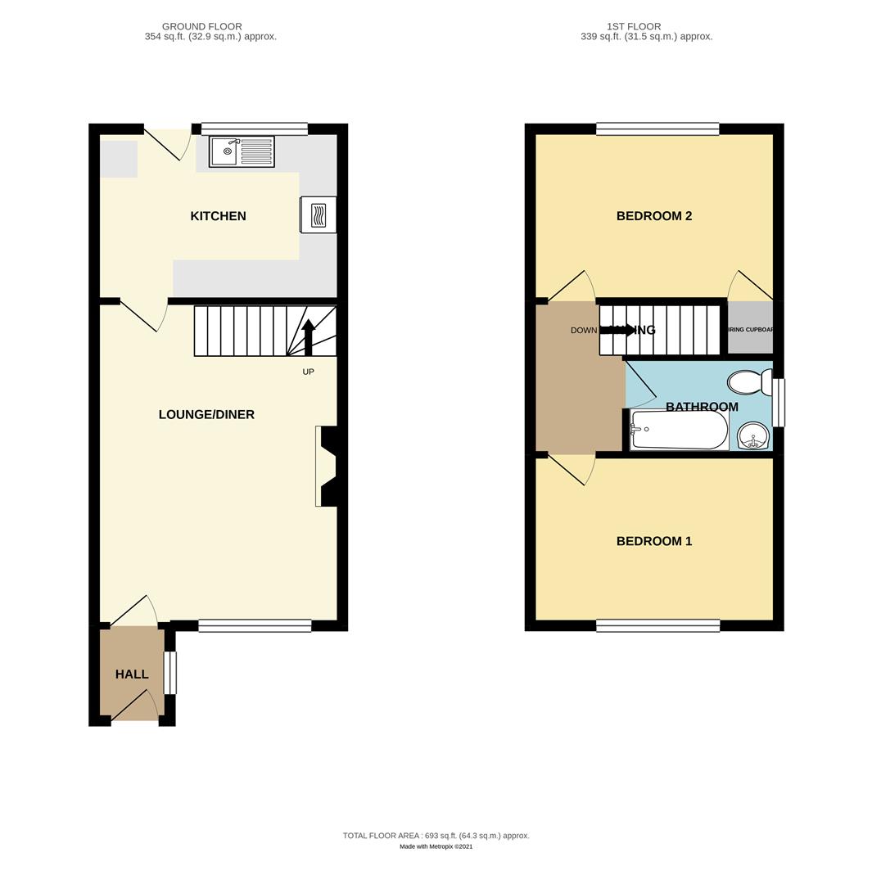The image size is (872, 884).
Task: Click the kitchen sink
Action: coord(242,151)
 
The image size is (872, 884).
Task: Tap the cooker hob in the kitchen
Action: coord(319,215)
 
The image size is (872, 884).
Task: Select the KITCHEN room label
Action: coord(218,216)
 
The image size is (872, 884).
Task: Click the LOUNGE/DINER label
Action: coord(206,414)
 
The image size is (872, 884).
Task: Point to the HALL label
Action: coord(132,674)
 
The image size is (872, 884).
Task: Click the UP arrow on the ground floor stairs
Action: coord(308,336)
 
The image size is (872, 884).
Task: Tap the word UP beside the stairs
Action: coord(308,372)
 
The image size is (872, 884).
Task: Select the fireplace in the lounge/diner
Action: coord(327,466)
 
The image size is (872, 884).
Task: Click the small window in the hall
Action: coord(170,673)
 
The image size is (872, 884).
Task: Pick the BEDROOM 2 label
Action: coord(653,216)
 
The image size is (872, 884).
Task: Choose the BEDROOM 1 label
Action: coord(653,541)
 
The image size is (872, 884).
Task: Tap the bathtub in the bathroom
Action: coord(679,430)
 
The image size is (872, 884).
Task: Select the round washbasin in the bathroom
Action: coord(753,435)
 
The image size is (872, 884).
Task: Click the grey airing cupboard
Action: coord(750,328)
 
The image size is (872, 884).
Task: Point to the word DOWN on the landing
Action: coord(584,331)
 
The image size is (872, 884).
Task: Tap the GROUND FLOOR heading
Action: coord(201,26)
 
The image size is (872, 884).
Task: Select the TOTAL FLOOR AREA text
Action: coord(436,836)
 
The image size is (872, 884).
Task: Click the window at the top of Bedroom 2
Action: coord(657,129)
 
